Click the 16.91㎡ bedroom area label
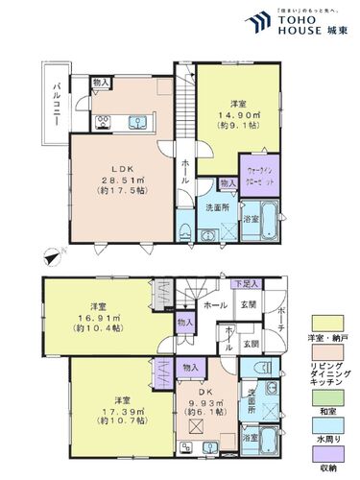pos(96,316)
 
